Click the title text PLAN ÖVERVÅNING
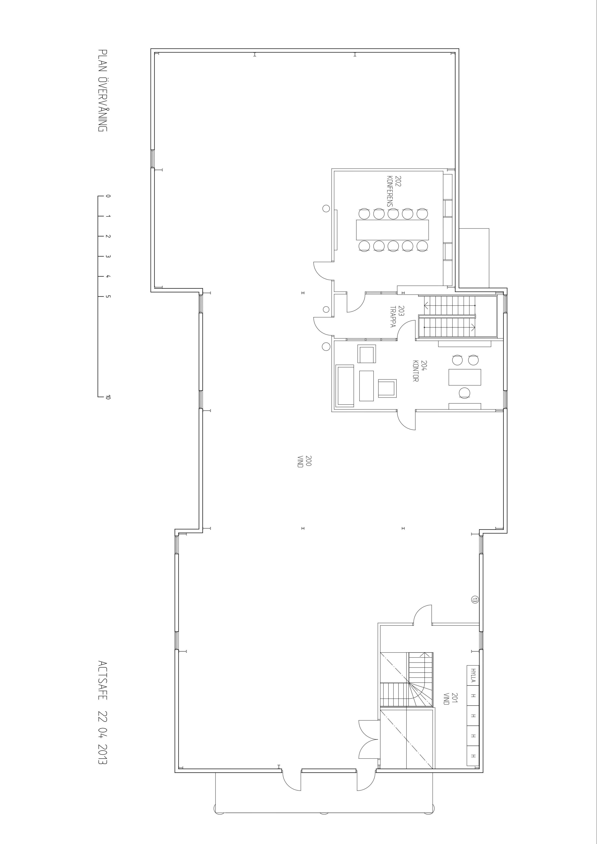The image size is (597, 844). point(103,90)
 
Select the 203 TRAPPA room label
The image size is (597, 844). point(397,317)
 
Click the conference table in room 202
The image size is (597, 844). point(393,229)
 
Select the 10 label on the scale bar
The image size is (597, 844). point(108,397)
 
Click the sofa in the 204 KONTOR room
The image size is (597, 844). point(345,386)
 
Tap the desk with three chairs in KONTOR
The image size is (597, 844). point(465,377)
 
